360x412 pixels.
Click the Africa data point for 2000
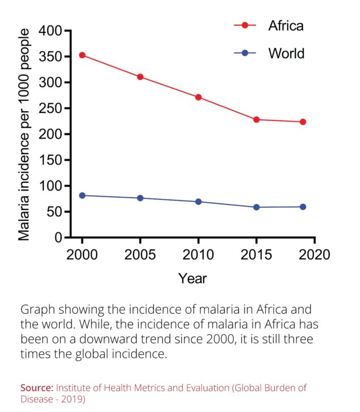pyautogui.click(x=82, y=55)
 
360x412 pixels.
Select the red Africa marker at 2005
pyautogui.click(x=140, y=77)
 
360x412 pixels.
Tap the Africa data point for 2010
pyautogui.click(x=198, y=97)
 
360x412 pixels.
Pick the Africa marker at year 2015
pyautogui.click(x=256, y=119)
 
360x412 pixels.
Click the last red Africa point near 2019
pyautogui.click(x=303, y=122)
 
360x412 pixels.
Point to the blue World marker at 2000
pyautogui.click(x=82, y=195)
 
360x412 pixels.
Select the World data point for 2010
pyautogui.click(x=198, y=201)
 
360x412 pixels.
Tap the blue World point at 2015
pyautogui.click(x=256, y=207)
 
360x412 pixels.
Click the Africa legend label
pyautogui.click(x=285, y=26)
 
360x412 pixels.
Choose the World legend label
pyautogui.click(x=286, y=53)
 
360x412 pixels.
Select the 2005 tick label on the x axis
pyautogui.click(x=140, y=255)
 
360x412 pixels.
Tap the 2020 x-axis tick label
pyautogui.click(x=315, y=255)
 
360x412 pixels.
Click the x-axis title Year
pyautogui.click(x=193, y=279)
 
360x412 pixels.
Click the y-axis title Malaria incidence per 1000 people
pyautogui.click(x=24, y=134)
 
